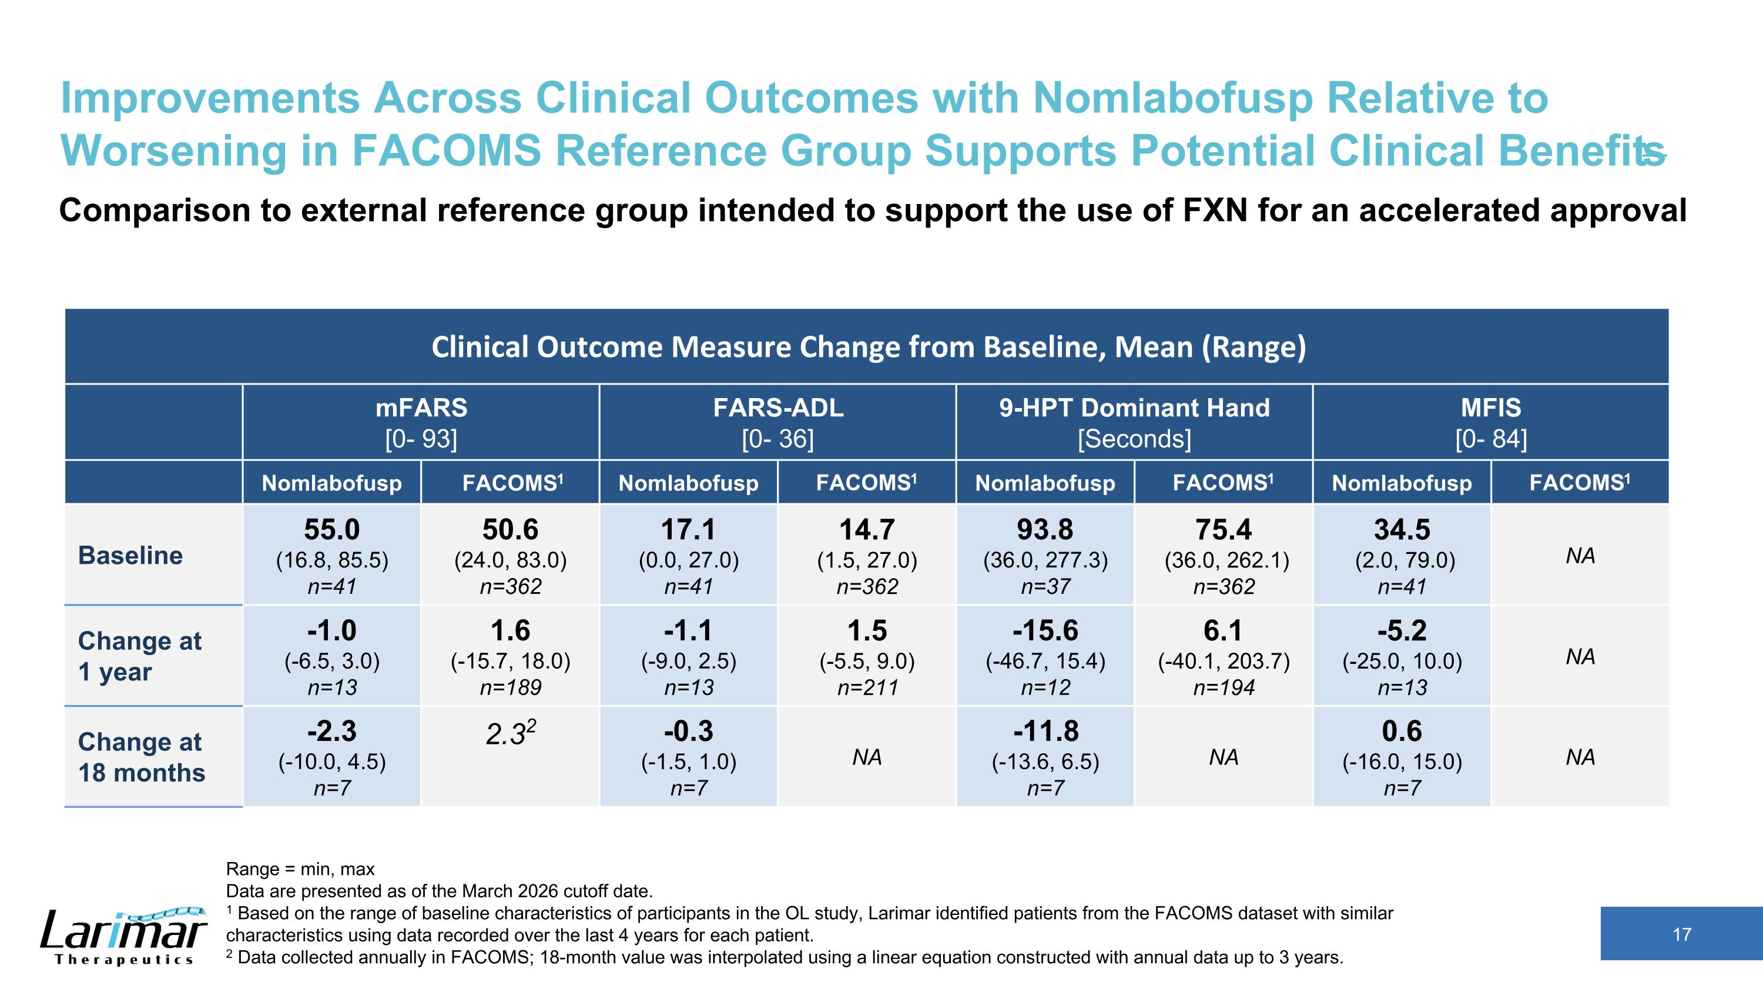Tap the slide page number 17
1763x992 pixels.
pyautogui.click(x=1681, y=934)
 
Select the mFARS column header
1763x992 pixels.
pyautogui.click(x=421, y=408)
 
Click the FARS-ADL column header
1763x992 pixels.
pyautogui.click(x=778, y=408)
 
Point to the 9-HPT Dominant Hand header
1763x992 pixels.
pyautogui.click(x=1134, y=408)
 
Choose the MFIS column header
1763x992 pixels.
pyautogui.click(x=1490, y=408)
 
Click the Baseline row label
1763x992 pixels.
pyautogui.click(x=130, y=555)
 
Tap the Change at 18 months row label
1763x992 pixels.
pyautogui.click(x=142, y=757)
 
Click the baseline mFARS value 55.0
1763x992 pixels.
pyautogui.click(x=332, y=529)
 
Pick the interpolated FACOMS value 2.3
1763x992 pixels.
pyautogui.click(x=511, y=733)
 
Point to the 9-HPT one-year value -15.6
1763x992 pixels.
pyautogui.click(x=1045, y=630)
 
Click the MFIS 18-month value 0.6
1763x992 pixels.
pyautogui.click(x=1402, y=731)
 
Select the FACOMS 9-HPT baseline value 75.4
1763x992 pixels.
pyautogui.click(x=1224, y=529)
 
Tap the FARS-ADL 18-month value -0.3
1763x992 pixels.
pyautogui.click(x=689, y=731)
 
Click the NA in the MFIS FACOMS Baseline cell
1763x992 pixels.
pyautogui.click(x=1580, y=556)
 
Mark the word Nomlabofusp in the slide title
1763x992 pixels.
pyautogui.click(x=1172, y=98)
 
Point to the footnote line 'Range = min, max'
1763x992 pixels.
pyautogui.click(x=300, y=870)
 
